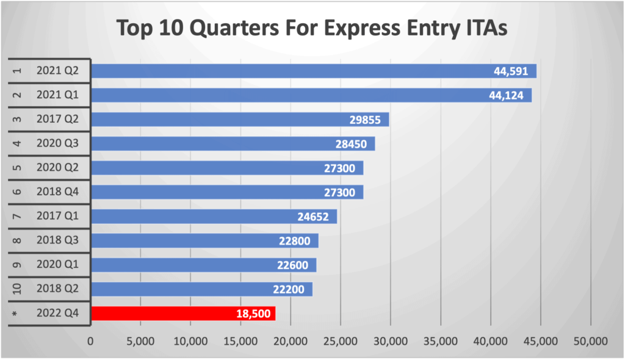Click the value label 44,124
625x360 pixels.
[x=509, y=95]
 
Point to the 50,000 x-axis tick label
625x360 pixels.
[x=591, y=340]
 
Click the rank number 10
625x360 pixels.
[x=17, y=289]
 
